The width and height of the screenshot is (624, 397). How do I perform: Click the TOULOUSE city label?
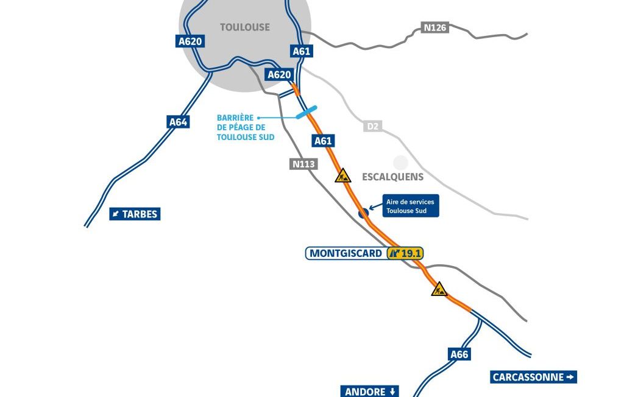(x=244, y=27)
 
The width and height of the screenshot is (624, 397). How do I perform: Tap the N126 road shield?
(x=435, y=27)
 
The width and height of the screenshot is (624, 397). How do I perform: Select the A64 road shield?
(x=178, y=122)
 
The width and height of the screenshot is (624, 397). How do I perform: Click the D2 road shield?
(x=372, y=126)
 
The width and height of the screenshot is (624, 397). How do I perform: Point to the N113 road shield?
(x=303, y=164)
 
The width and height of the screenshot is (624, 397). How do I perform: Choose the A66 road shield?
(x=459, y=354)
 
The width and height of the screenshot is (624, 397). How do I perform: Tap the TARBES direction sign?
(x=135, y=214)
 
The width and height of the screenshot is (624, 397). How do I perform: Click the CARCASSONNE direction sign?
(x=533, y=377)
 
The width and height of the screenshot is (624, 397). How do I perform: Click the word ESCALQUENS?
(x=392, y=177)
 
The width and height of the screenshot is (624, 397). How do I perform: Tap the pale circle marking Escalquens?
(x=400, y=163)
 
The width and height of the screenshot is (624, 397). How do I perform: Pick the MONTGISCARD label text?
(x=346, y=253)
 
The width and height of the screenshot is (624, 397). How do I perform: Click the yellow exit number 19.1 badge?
(x=405, y=253)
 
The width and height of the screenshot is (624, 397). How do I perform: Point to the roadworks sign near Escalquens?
(x=343, y=176)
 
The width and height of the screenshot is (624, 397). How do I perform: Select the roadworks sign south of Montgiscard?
(x=439, y=289)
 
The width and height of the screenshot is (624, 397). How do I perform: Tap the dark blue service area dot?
(x=364, y=213)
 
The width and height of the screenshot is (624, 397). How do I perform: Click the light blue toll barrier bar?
(x=306, y=112)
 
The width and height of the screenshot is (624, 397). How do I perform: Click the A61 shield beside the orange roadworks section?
(x=323, y=141)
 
